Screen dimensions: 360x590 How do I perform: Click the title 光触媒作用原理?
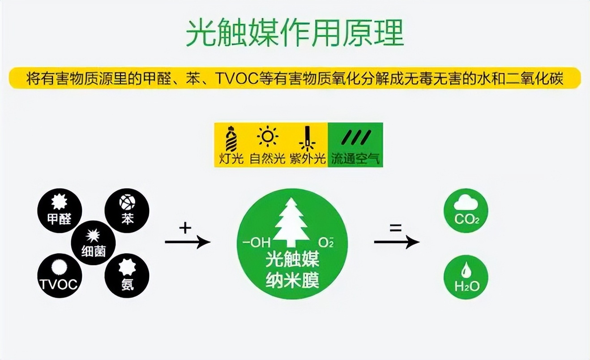pos(295,33)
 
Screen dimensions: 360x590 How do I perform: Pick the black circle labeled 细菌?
pos(93,243)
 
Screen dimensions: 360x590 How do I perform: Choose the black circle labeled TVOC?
pos(60,275)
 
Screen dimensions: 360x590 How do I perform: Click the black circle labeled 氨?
pos(127,275)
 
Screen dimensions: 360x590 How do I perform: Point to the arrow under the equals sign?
pos(396,242)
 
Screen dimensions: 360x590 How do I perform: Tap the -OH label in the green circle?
pos(257,243)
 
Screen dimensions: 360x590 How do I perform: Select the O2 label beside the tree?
pos(325,243)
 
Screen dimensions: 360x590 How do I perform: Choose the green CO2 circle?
pos(466,210)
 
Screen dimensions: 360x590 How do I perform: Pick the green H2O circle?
pos(466,277)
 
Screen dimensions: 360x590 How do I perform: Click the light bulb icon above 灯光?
pos(231,139)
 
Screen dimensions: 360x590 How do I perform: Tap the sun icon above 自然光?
pos(268,137)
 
